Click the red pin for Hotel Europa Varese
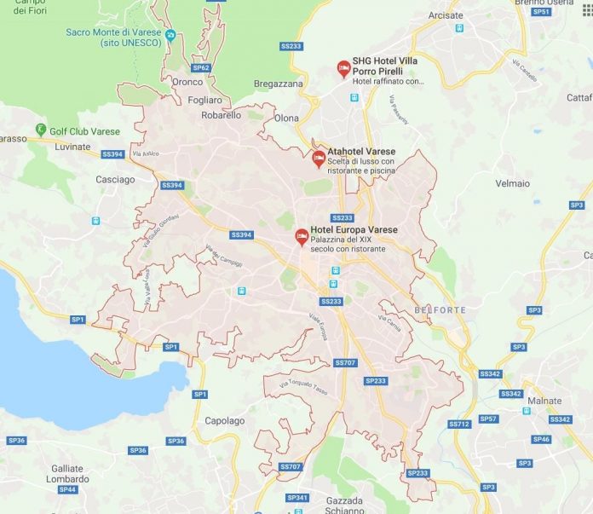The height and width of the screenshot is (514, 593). [301, 236]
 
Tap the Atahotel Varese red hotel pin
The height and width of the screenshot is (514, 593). [318, 158]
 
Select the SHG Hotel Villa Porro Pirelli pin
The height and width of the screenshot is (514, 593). [343, 68]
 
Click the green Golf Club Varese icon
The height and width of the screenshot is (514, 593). [40, 131]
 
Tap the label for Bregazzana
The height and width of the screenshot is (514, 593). [279, 84]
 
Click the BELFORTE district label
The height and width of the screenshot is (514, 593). [440, 310]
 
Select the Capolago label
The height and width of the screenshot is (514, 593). [225, 421]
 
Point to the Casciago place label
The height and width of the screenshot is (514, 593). [115, 180]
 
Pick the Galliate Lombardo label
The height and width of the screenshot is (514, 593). [67, 473]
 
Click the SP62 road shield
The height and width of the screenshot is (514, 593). [201, 67]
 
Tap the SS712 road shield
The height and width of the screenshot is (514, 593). [459, 424]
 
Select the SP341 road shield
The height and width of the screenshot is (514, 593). [297, 497]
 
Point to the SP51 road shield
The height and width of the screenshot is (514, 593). [540, 12]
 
